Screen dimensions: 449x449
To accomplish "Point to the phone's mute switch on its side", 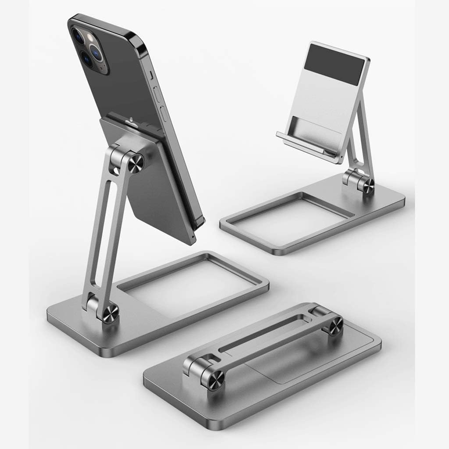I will [151, 75].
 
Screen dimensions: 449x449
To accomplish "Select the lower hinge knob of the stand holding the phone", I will [110, 314].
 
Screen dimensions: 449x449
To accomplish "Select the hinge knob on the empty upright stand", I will [366, 185].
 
